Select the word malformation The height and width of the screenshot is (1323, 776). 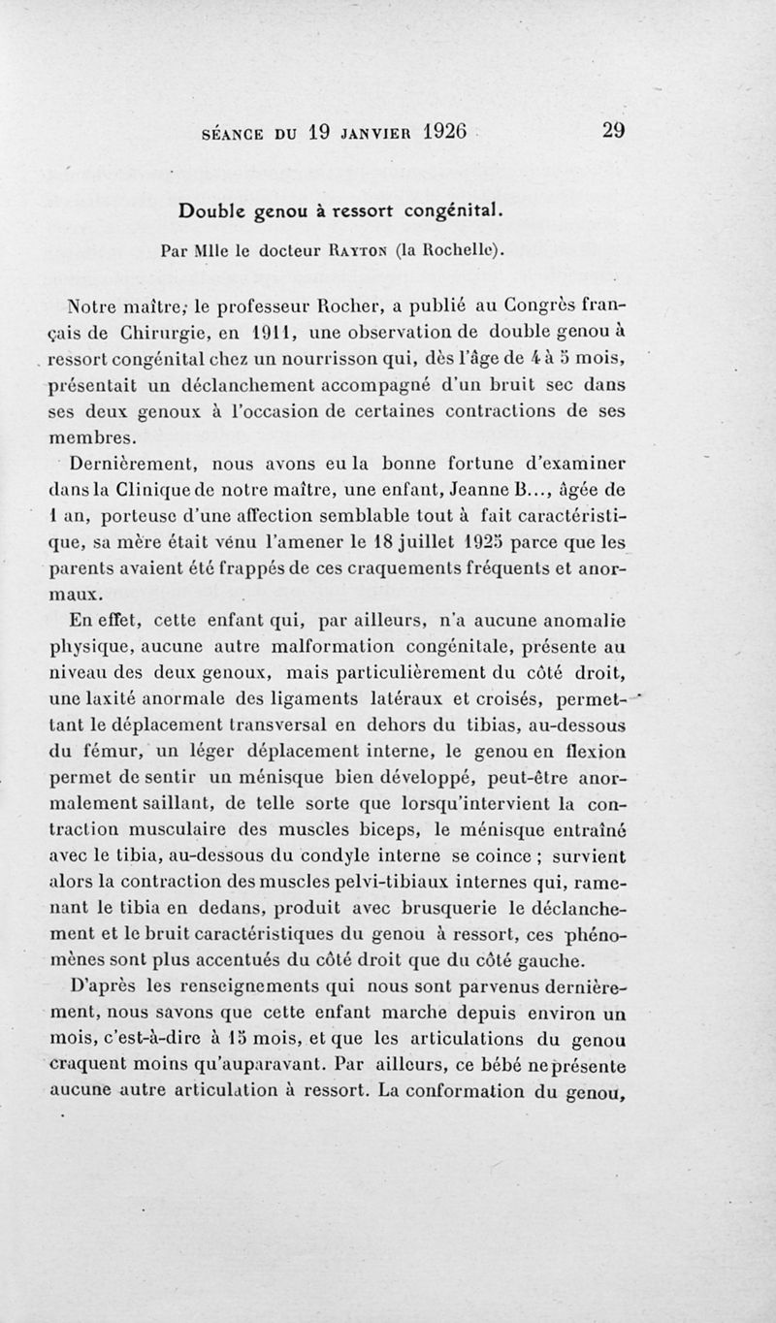click(x=282, y=640)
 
